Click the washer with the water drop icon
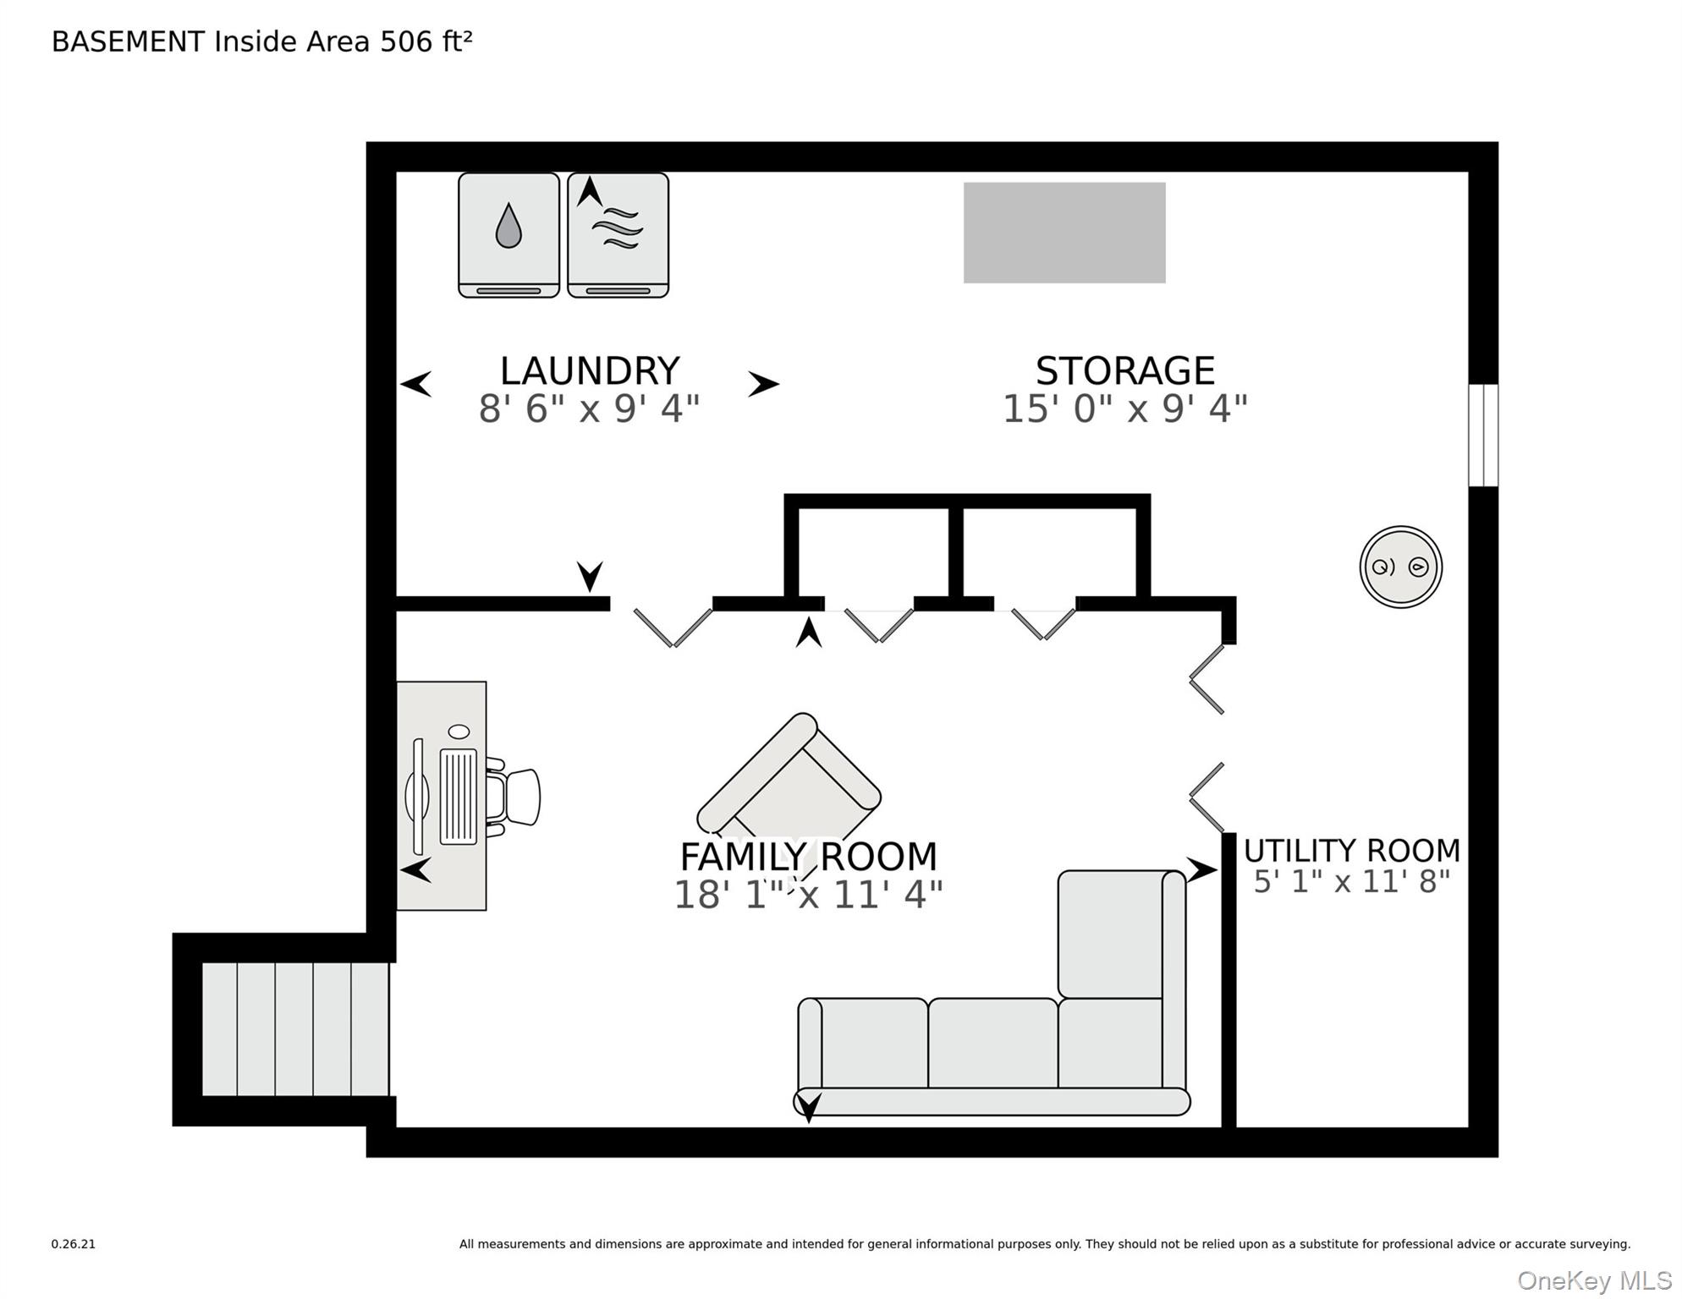click(x=508, y=235)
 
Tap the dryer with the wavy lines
click(x=618, y=235)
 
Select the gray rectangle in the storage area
click(x=1064, y=233)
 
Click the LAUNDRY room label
click(x=590, y=371)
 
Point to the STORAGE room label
click(x=1125, y=371)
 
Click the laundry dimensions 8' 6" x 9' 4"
click(x=590, y=409)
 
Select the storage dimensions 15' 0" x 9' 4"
click(x=1125, y=409)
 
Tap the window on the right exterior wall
click(x=1483, y=436)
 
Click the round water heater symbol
click(x=1401, y=567)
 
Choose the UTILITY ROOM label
click(x=1352, y=850)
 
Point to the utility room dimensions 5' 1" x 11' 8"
click(x=1352, y=882)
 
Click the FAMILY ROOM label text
click(x=809, y=857)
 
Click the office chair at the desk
click(x=513, y=797)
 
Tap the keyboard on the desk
click(x=458, y=797)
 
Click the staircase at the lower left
click(x=295, y=1029)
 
